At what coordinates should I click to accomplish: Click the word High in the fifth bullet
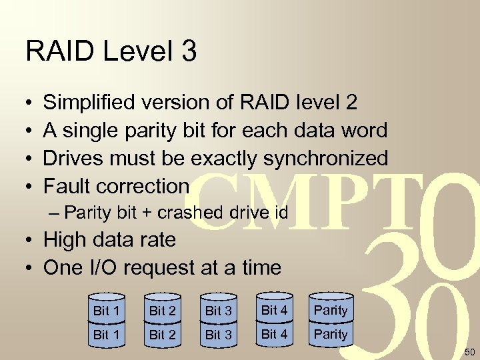65,239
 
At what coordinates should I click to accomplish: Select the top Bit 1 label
107,310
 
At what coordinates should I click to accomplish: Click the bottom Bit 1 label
107,335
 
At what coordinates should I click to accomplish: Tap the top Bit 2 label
163,310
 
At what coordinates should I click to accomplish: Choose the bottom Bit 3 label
219,335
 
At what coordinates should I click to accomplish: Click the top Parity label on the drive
331,310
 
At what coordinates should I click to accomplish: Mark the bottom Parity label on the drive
331,334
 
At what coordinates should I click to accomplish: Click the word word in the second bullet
363,130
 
